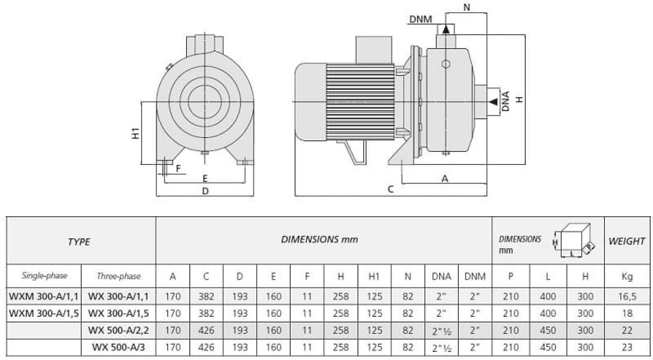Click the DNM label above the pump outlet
click(x=420, y=19)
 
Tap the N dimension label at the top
click(x=467, y=7)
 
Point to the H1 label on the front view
click(x=135, y=133)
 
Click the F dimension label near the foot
click(x=178, y=168)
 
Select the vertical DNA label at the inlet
click(x=506, y=101)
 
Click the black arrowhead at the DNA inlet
click(x=494, y=102)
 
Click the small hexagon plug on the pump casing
click(x=446, y=64)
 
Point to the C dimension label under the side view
click(x=391, y=189)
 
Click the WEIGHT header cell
click(x=627, y=241)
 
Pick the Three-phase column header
click(x=119, y=276)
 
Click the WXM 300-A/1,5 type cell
click(x=44, y=313)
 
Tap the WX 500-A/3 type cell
click(x=118, y=347)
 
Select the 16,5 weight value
click(x=627, y=296)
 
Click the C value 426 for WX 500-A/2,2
click(x=206, y=330)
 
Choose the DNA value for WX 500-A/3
click(x=441, y=348)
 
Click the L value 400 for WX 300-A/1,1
click(x=548, y=296)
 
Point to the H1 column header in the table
click(x=374, y=276)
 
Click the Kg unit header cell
click(x=627, y=276)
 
